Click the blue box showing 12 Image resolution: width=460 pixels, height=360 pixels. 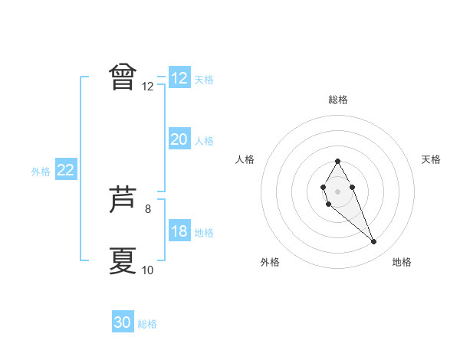pyautogui.click(x=179, y=78)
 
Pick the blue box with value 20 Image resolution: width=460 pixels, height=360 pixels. pyautogui.click(x=179, y=139)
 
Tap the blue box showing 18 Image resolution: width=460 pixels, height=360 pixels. pyautogui.click(x=179, y=231)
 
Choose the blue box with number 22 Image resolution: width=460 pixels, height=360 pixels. pyautogui.click(x=65, y=170)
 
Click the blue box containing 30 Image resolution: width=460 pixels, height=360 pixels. pyautogui.click(x=123, y=322)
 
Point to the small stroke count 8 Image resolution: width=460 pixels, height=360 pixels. pyautogui.click(x=148, y=208)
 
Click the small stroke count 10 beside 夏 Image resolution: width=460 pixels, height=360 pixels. pyautogui.click(x=148, y=270)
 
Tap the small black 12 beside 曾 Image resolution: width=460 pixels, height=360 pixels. pyautogui.click(x=148, y=87)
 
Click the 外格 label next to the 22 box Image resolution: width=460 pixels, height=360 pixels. pyautogui.click(x=41, y=172)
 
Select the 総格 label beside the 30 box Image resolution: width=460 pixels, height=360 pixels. pyautogui.click(x=147, y=324)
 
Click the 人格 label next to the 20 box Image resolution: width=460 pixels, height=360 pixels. pyautogui.click(x=204, y=141)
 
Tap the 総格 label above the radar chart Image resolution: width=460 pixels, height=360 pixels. pyautogui.click(x=338, y=100)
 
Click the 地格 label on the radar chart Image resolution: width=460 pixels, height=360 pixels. pyautogui.click(x=402, y=262)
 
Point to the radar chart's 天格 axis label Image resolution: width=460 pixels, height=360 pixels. pyautogui.click(x=431, y=159)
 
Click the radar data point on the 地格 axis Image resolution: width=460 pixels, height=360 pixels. pyautogui.click(x=374, y=242)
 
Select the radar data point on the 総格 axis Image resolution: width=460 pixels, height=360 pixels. pyautogui.click(x=337, y=161)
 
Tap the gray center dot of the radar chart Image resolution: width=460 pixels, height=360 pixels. pyautogui.click(x=337, y=190)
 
